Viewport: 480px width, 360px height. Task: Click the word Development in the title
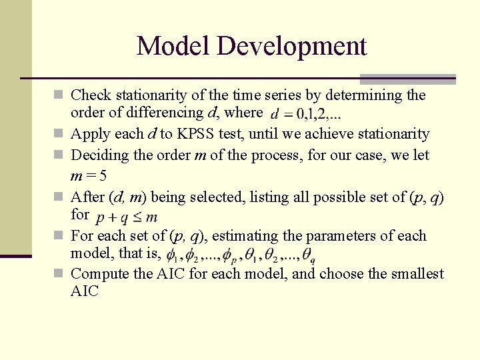(x=292, y=46)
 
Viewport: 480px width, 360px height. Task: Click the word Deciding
(x=98, y=155)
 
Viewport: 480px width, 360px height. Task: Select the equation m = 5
(x=89, y=177)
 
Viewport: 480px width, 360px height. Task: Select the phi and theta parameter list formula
(x=241, y=255)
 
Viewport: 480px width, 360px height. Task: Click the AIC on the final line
(x=85, y=291)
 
